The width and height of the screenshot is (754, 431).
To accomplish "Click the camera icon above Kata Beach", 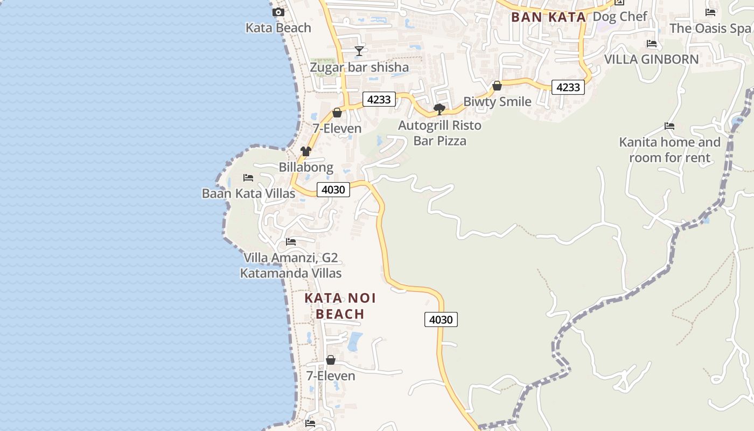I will pos(278,12).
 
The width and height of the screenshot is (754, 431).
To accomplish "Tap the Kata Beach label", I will pos(278,27).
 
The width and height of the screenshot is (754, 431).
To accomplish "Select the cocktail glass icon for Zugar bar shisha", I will pos(359,51).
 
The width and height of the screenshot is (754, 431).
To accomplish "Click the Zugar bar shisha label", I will pos(359,67).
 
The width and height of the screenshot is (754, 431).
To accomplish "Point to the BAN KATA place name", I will pos(548,17).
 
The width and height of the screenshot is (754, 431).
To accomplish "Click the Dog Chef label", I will pos(620,16).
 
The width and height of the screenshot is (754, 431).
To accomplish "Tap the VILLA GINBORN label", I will pos(652,59).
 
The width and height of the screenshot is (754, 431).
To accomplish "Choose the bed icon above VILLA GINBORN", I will pos(652,44).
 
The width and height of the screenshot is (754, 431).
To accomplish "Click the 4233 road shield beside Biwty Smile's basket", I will pos(568,87).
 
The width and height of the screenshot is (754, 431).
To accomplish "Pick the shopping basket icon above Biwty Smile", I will pos(497,86).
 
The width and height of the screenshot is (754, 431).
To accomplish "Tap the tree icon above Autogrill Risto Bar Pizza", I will pos(439,109).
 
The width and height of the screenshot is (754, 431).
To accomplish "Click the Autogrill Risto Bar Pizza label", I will pos(439,133).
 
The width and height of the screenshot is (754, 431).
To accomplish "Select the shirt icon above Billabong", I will pos(306,151).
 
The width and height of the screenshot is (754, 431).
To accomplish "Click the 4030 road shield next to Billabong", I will pos(333,190).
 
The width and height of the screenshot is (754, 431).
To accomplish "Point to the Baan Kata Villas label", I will pos(248,193).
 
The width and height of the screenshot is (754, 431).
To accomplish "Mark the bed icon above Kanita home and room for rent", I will pos(669,126).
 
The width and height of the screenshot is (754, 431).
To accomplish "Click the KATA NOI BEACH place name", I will pos(340,306).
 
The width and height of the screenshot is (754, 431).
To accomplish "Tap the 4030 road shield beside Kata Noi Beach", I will pos(441,319).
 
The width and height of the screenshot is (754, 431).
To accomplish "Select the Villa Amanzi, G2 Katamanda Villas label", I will pos(291,266).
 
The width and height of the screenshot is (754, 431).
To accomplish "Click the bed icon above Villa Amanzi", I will pos(291,241).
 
